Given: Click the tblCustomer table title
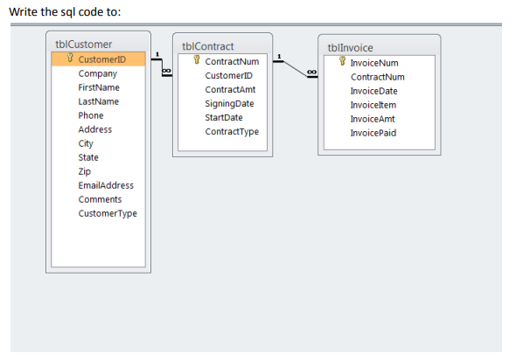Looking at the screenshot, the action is tap(84, 45).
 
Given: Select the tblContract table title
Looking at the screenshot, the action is tap(207, 46).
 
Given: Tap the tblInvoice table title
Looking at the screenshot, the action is tap(350, 48).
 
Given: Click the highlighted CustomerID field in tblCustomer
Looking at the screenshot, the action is tap(102, 59).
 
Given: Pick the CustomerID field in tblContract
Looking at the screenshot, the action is tap(229, 76).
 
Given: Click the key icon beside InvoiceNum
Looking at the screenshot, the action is tap(342, 61).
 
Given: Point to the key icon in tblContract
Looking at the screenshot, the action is tap(197, 59).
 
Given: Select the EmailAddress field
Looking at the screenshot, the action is tap(106, 185).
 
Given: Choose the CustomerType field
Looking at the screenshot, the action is tap(108, 214).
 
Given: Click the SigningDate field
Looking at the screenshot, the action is tap(229, 104).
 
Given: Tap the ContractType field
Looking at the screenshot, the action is tap(232, 132).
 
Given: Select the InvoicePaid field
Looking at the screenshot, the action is tap(373, 133).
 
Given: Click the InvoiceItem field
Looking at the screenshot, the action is tap(373, 105).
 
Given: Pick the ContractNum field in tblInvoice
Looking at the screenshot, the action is tap(378, 77).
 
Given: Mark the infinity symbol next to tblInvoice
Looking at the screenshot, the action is tap(311, 72).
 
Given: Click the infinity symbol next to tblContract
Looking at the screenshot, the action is tap(166, 71).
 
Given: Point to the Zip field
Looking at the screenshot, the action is tap(85, 171).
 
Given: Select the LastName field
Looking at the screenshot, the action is tap(99, 101).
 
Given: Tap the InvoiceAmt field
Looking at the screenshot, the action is tap(373, 119).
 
